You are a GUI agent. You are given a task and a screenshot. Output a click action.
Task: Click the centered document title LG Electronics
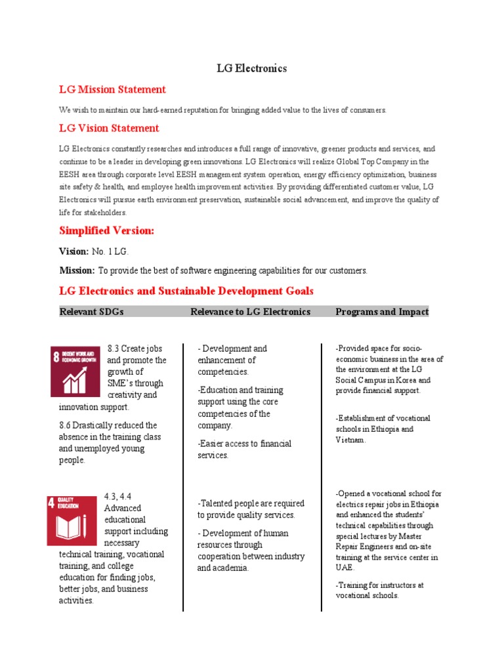252,68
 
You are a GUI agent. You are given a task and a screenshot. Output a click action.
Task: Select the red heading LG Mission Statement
112,89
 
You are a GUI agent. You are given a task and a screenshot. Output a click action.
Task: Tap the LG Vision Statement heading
109,128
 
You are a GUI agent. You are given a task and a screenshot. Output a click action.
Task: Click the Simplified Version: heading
106,231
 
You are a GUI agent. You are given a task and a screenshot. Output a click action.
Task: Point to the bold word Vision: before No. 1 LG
73,251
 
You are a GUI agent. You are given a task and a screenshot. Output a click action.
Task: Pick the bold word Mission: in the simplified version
77,270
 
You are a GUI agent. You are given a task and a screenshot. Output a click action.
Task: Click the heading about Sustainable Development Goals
186,291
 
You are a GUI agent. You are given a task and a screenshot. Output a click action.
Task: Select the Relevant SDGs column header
91,312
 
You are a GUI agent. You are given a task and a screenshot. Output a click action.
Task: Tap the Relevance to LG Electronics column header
250,312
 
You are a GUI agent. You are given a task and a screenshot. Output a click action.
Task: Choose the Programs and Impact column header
382,312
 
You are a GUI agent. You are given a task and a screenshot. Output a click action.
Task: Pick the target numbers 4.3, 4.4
118,497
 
